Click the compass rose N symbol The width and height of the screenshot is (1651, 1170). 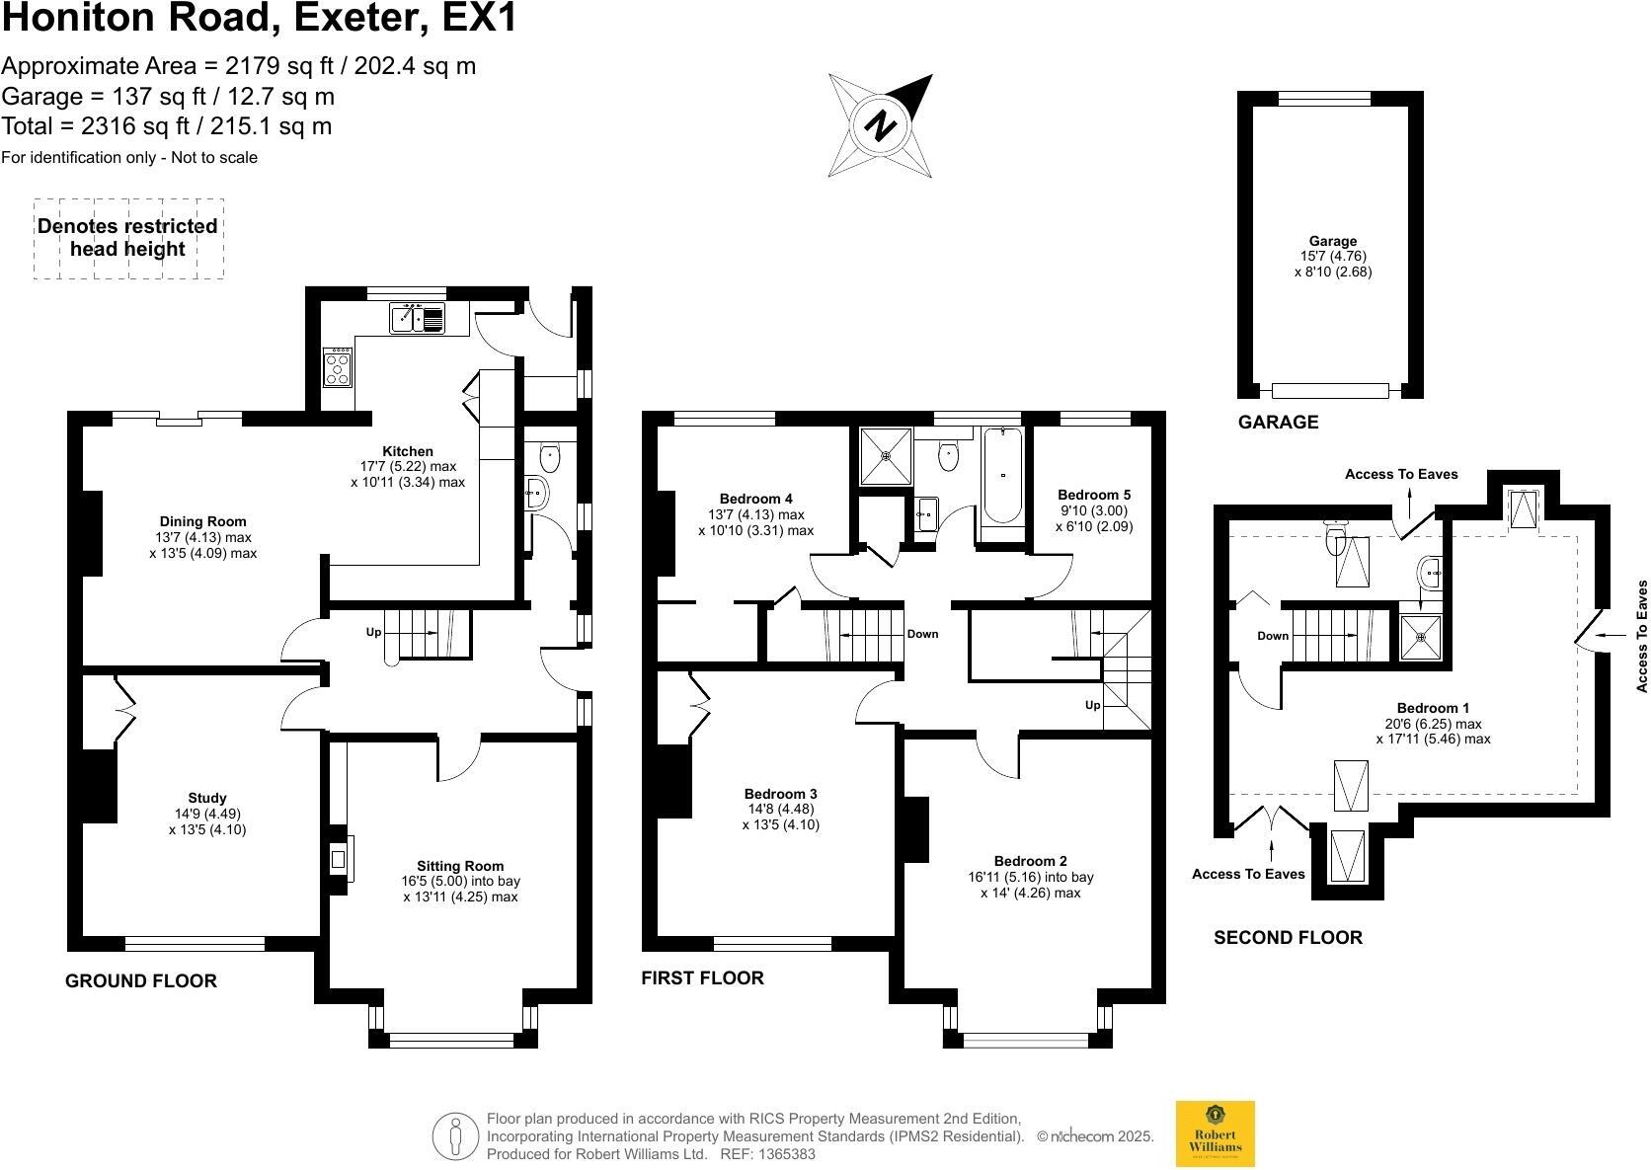880,125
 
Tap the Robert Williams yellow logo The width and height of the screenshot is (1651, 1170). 1215,1133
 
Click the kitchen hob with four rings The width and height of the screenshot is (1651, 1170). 338,367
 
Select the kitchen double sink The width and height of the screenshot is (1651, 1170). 419,318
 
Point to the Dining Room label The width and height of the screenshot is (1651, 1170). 202,521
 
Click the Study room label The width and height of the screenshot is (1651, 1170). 207,798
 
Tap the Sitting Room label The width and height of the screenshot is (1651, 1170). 460,866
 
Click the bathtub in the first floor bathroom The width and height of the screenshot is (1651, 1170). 1003,476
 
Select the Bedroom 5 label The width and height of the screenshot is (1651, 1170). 1094,495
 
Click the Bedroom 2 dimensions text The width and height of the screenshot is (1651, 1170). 1030,885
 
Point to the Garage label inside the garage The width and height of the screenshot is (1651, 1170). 1333,241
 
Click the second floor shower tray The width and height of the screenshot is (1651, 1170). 1421,637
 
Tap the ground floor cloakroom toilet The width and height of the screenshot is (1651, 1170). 550,456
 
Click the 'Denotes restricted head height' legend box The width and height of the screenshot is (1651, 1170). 128,238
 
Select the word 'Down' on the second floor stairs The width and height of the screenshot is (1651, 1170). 1273,636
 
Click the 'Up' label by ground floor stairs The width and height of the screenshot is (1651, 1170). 373,632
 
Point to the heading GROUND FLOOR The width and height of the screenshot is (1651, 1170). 141,980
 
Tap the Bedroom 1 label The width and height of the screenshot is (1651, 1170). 1433,708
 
